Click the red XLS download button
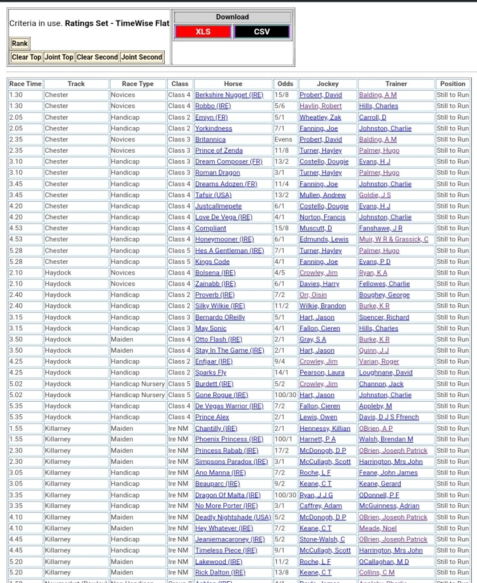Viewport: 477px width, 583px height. (203, 32)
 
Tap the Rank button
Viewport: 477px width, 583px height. (20, 43)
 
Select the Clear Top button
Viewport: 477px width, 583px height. (27, 57)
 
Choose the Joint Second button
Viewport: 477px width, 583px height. (142, 57)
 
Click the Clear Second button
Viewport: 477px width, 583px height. (97, 57)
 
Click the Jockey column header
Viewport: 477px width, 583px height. (327, 84)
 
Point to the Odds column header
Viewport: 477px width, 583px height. (285, 84)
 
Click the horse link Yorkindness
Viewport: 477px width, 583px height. (214, 128)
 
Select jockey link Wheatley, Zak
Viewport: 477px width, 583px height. (320, 117)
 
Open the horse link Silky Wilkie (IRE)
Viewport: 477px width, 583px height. (219, 306)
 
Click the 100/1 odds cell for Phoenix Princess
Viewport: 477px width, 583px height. (283, 439)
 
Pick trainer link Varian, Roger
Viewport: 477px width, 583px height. (379, 362)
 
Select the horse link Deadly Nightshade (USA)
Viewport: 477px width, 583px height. (233, 517)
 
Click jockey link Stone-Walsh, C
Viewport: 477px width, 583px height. (322, 540)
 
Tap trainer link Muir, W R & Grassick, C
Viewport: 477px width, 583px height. (393, 239)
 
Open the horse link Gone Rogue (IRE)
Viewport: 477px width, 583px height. (221, 395)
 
